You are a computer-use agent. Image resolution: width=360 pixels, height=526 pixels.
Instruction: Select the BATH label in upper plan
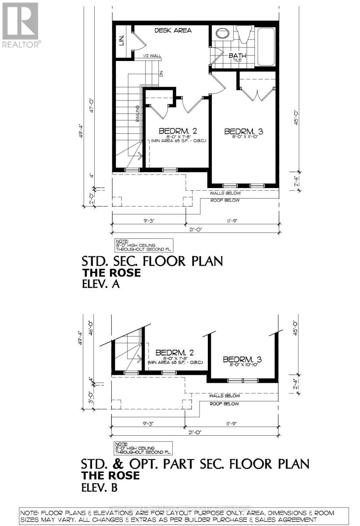[238, 56]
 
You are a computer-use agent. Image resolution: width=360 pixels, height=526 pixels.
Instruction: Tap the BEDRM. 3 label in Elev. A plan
[244, 132]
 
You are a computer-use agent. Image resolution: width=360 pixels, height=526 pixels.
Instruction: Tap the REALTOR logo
[20, 25]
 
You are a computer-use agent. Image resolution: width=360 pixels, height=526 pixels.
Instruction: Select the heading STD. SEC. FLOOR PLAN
[152, 261]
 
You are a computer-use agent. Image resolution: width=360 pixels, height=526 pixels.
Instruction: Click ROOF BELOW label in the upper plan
[225, 200]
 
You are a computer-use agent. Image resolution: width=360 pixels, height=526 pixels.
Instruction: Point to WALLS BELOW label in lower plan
[225, 396]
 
